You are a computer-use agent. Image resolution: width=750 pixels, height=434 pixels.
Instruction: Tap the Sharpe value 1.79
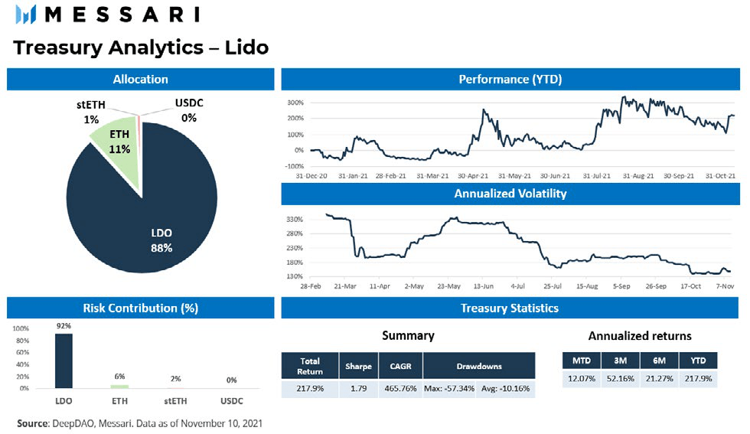pos(358,389)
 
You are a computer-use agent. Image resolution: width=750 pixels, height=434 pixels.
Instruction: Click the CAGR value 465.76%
pos(401,389)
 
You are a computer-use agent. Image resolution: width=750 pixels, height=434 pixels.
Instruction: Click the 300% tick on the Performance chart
pos(296,103)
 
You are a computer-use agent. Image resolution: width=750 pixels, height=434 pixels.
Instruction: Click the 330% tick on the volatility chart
pos(296,220)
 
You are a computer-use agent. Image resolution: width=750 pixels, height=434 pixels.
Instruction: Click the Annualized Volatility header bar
pos(510,194)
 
